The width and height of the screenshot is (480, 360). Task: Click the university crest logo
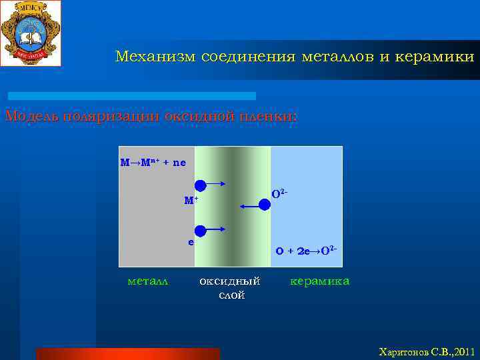coord(31,33)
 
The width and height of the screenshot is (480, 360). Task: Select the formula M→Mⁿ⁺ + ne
coord(153,162)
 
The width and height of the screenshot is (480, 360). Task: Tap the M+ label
coord(191,199)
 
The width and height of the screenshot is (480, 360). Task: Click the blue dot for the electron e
coord(200,231)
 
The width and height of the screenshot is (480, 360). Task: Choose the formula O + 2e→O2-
coord(306,251)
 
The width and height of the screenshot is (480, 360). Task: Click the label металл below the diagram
coord(147,281)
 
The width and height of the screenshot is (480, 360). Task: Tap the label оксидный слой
coord(231,287)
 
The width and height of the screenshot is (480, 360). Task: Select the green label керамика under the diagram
coord(319,281)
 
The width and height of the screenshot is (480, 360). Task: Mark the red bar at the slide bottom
coord(127,353)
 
